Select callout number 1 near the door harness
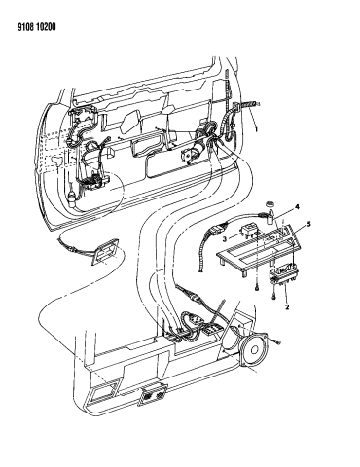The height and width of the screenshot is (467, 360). (x=257, y=127)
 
